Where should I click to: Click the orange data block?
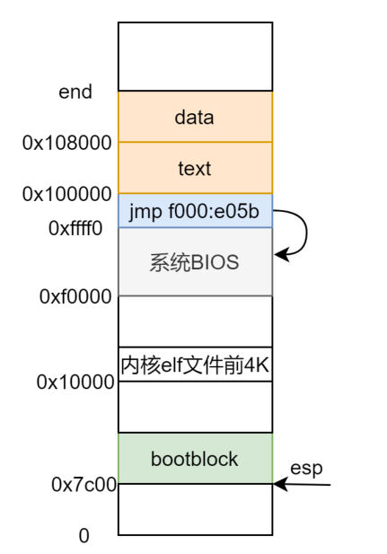195,116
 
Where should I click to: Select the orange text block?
195,168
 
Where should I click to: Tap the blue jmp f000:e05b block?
195,211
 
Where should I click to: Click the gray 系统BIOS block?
195,262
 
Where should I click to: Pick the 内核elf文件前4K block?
195,365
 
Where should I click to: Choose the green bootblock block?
195,459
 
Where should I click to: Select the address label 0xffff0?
75,228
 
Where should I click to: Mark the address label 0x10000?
75,382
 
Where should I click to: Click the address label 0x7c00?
84,485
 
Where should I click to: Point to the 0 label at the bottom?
84,536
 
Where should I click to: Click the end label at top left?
75,92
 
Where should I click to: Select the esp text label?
305,468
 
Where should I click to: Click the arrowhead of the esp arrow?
279,485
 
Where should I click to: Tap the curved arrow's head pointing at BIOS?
280,254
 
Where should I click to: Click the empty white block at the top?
195,57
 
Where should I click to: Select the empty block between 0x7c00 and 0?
195,510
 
